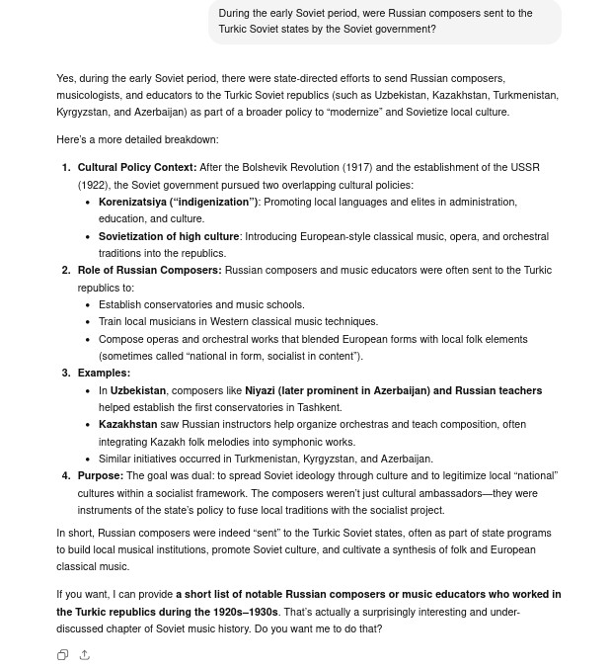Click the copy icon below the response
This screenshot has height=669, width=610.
(62, 655)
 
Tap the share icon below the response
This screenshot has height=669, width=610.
(85, 655)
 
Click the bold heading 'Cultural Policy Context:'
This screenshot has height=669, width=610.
(137, 168)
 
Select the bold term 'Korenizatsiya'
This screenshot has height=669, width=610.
(133, 202)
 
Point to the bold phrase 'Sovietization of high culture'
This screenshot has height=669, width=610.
(169, 236)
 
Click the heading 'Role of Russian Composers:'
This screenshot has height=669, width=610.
(149, 270)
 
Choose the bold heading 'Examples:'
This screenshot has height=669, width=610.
(104, 373)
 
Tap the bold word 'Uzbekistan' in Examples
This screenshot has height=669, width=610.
(138, 390)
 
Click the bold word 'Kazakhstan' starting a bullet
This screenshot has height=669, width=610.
(127, 424)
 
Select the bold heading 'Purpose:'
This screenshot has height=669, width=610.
(101, 475)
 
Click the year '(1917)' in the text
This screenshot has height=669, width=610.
(372, 168)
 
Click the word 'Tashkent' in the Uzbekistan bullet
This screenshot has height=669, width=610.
(318, 407)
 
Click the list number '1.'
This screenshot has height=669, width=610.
(66, 168)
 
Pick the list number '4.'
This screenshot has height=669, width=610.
(66, 475)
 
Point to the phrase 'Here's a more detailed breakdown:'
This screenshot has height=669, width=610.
(137, 139)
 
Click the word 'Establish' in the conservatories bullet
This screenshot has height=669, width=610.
(120, 304)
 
